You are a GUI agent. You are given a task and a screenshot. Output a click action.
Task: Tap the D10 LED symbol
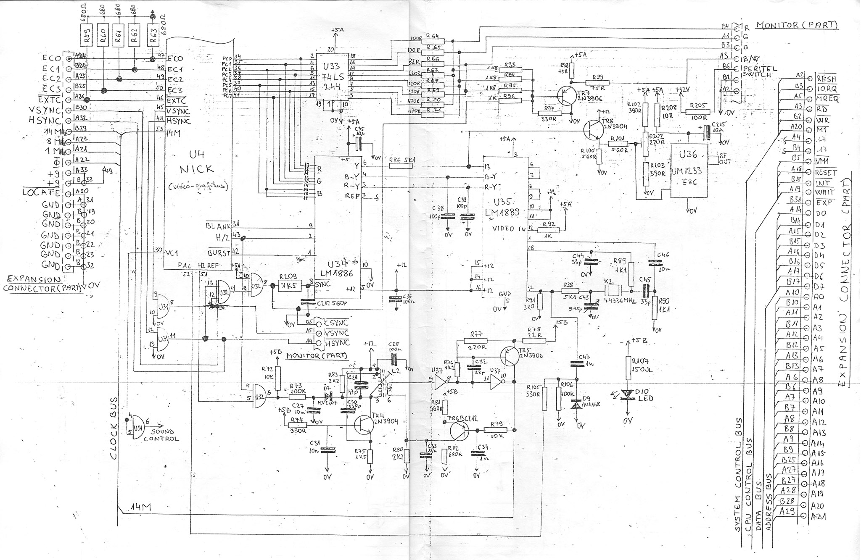[627, 394]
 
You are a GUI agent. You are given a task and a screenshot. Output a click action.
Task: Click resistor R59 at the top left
[87, 34]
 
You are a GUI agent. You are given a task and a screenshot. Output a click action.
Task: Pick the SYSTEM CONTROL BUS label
[738, 475]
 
